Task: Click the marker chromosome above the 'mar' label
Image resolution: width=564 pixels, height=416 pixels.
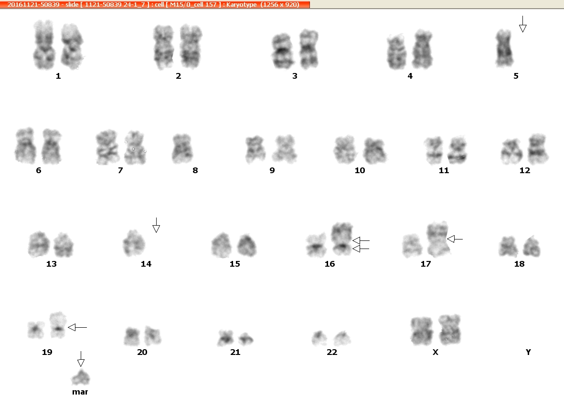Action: pyautogui.click(x=81, y=377)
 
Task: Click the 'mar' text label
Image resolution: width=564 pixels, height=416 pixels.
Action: pyautogui.click(x=80, y=392)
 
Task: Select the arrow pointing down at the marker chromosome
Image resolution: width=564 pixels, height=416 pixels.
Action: pyautogui.click(x=81, y=359)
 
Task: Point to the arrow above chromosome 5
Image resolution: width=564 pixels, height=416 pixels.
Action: pyautogui.click(x=523, y=24)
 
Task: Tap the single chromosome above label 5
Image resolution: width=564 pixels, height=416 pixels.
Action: pyautogui.click(x=504, y=49)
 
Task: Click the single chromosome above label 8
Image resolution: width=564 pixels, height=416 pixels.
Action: pyautogui.click(x=182, y=149)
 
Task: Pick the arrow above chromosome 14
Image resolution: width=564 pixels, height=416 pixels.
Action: pyautogui.click(x=156, y=225)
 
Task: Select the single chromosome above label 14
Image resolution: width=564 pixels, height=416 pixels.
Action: pyautogui.click(x=134, y=243)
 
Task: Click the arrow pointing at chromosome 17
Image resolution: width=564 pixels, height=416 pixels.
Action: pyautogui.click(x=455, y=239)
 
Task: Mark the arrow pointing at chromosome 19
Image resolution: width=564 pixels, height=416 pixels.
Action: pyautogui.click(x=77, y=327)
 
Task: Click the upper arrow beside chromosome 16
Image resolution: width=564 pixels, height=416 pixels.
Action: pyautogui.click(x=361, y=240)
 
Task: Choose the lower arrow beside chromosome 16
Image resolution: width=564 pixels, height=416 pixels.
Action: pyautogui.click(x=361, y=249)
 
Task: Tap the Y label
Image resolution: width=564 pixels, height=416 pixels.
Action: pyautogui.click(x=528, y=352)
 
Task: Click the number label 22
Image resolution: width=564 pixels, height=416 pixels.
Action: pyautogui.click(x=331, y=352)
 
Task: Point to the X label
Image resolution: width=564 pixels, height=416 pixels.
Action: pyautogui.click(x=435, y=352)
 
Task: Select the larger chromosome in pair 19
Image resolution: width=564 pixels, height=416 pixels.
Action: pyautogui.click(x=58, y=325)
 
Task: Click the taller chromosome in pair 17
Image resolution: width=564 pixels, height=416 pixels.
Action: pyautogui.click(x=438, y=239)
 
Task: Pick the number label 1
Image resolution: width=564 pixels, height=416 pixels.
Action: pyautogui.click(x=58, y=76)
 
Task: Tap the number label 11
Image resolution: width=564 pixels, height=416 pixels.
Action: pyautogui.click(x=444, y=170)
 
